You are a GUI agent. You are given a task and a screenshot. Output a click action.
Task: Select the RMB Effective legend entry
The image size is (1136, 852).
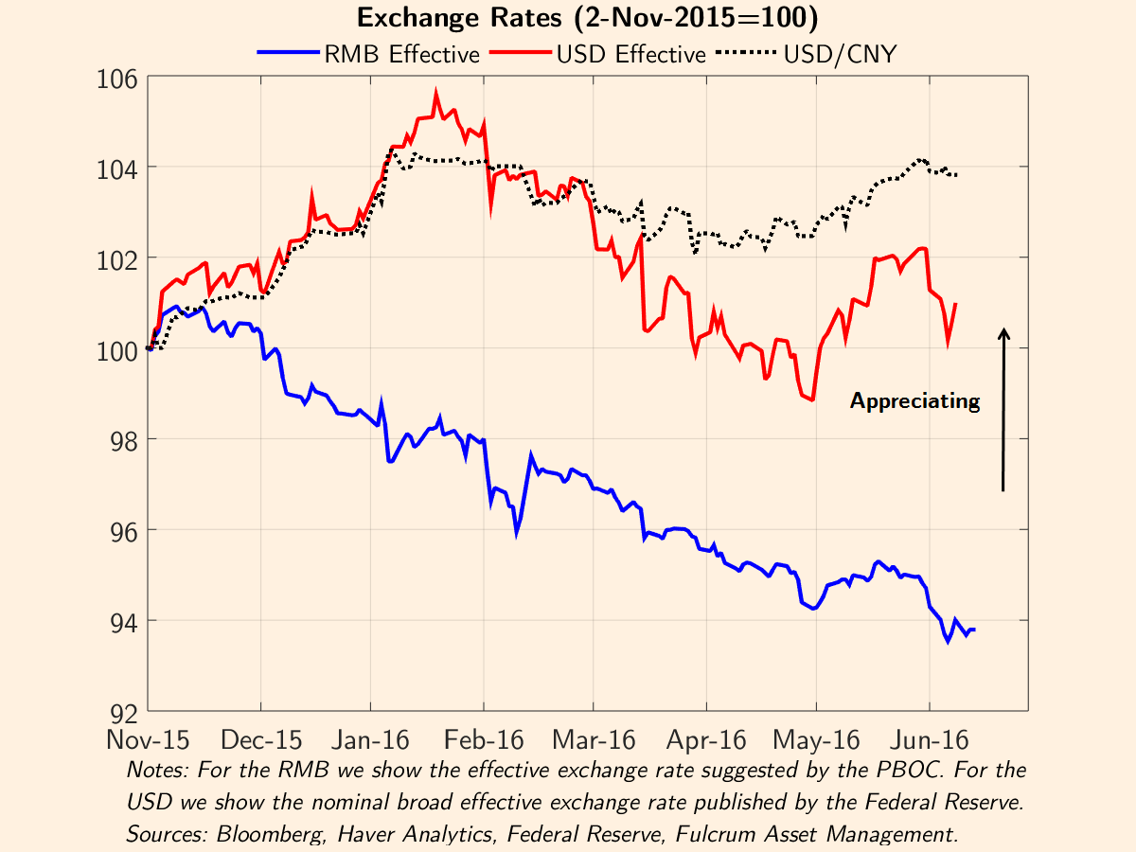pyautogui.click(x=369, y=54)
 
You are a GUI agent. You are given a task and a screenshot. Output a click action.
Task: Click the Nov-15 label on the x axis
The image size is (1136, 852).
pyautogui.click(x=149, y=739)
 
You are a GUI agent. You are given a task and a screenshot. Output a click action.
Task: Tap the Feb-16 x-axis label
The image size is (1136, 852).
pyautogui.click(x=484, y=739)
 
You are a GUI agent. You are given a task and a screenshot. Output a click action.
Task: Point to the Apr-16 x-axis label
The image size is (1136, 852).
pyautogui.click(x=705, y=739)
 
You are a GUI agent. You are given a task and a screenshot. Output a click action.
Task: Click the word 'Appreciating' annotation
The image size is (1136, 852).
pyautogui.click(x=914, y=401)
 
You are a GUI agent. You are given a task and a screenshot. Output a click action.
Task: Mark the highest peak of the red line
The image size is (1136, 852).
pyautogui.click(x=435, y=92)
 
